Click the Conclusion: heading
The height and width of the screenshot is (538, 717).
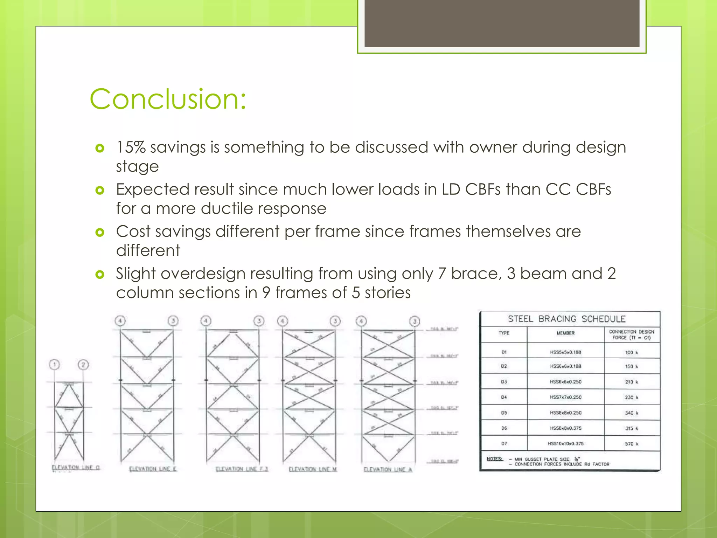(168, 99)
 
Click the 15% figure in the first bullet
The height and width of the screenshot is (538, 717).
(131, 147)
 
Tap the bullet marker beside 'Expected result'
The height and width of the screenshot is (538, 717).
(100, 190)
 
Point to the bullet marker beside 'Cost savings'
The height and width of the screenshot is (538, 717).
(100, 232)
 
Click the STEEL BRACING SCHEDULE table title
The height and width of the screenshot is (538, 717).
(566, 319)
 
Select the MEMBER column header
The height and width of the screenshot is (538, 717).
(565, 333)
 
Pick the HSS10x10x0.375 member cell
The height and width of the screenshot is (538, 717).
(565, 443)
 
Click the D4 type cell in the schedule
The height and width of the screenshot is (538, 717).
(504, 397)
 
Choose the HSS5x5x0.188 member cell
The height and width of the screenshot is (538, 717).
(565, 352)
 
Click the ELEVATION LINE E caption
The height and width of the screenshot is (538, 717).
(153, 469)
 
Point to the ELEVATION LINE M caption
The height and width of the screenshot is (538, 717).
(312, 469)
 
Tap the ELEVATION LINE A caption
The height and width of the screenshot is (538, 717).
(388, 470)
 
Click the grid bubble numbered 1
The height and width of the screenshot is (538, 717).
(54, 365)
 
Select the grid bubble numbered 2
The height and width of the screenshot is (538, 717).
(83, 365)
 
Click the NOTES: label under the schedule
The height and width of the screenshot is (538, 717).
(494, 459)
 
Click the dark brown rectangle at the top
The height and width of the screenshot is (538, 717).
(502, 23)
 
